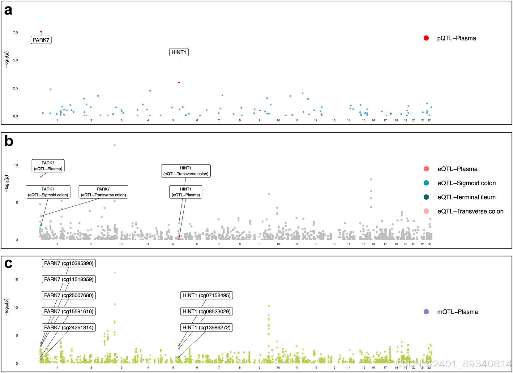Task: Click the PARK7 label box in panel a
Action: coord(41,40)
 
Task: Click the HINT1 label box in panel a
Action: coord(179,52)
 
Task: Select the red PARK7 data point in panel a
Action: coord(41,32)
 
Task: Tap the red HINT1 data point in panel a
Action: coord(179,83)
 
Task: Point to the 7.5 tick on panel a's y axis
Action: coord(15,32)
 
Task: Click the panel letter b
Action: coord(9,141)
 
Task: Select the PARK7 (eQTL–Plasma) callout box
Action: coord(48,166)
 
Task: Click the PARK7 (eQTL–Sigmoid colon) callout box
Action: coord(48,192)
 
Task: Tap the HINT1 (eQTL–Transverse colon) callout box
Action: coord(186,171)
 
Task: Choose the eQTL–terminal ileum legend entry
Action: coord(466,197)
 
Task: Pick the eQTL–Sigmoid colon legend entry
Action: coord(466,183)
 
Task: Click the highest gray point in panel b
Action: coord(115,145)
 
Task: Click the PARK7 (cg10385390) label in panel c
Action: coord(69,263)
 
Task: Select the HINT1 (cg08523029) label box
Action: coord(206,311)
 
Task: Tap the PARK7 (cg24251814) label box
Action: coord(69,328)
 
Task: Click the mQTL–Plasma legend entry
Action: coord(457,312)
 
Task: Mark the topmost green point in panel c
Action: coord(115,272)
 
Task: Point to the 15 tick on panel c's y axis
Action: coord(16,280)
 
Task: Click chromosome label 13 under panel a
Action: coord(334,120)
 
